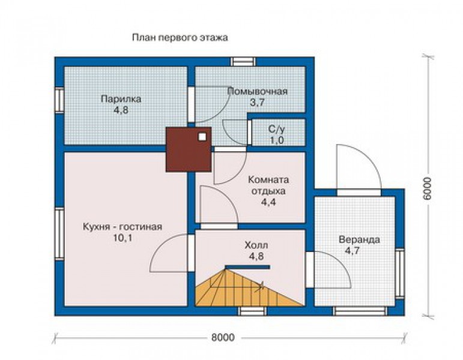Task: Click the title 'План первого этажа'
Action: (180, 38)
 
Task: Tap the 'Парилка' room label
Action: (121, 98)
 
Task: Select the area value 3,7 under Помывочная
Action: (257, 103)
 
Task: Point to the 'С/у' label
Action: (276, 129)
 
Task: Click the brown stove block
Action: (189, 149)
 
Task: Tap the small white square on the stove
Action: (202, 137)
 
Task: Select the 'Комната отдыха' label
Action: (268, 185)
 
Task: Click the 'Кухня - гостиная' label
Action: (123, 227)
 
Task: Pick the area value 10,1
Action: (123, 238)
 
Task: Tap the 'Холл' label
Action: (256, 245)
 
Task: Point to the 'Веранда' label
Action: (359, 239)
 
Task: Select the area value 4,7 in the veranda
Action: (353, 251)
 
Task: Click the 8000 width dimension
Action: (223, 337)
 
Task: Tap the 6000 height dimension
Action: (427, 189)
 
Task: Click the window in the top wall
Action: (243, 62)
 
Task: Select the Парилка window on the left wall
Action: (59, 100)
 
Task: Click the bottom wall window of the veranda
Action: (360, 311)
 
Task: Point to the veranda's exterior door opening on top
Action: (359, 193)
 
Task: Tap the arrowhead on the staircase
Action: (261, 286)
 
